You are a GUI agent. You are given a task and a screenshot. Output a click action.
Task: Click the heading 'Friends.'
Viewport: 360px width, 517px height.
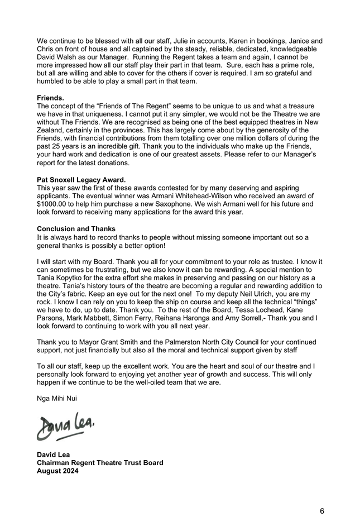51,98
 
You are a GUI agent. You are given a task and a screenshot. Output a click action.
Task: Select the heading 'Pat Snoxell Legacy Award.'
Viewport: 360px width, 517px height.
81,180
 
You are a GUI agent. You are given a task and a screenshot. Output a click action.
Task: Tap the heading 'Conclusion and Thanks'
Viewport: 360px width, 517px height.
76,229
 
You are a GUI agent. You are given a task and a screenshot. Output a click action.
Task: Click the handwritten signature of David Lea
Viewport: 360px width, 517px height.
66,427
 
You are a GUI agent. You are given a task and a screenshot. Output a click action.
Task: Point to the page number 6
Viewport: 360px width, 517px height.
322,510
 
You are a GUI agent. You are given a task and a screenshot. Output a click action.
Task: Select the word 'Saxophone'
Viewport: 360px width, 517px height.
184,204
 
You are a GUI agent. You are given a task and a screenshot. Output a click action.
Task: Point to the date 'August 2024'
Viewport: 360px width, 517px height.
58,471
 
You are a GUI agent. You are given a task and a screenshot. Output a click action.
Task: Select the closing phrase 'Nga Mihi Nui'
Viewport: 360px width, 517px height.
57,399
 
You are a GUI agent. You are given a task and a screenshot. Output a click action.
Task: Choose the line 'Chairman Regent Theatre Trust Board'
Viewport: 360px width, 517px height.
100,463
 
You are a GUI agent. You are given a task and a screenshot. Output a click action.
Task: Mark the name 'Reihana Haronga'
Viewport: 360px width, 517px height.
190,318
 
